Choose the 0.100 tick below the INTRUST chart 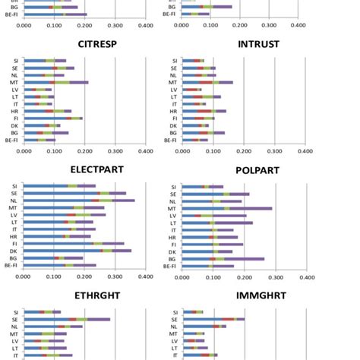[213, 150]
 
